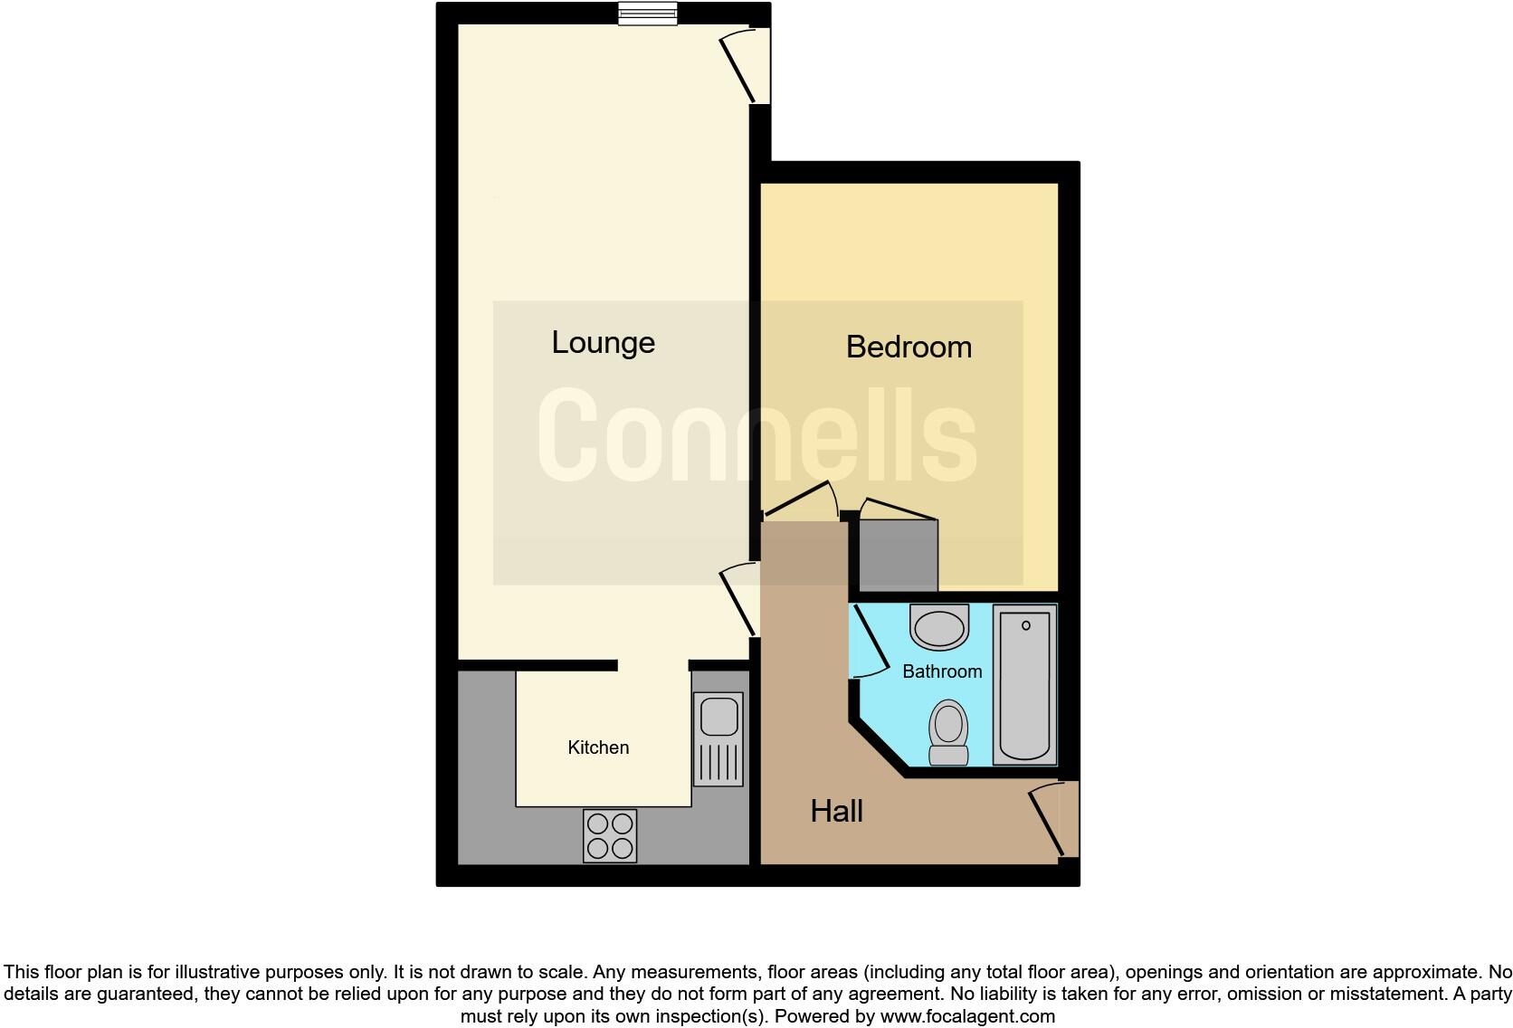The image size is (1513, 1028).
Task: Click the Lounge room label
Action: (x=603, y=343)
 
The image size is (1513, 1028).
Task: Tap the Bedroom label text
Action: (x=909, y=347)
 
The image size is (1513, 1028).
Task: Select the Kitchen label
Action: (x=598, y=747)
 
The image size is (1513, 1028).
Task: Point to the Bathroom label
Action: (x=942, y=671)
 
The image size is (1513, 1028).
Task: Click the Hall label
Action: (x=836, y=812)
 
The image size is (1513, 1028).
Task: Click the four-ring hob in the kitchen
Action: (x=610, y=835)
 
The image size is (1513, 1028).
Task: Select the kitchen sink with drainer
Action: (x=718, y=738)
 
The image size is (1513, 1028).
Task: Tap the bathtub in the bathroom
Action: (x=1025, y=684)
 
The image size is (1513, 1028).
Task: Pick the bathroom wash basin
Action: (x=939, y=627)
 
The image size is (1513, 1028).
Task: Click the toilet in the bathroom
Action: (x=948, y=732)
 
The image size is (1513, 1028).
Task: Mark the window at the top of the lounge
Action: (x=648, y=14)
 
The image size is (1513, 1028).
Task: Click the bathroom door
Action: (x=866, y=642)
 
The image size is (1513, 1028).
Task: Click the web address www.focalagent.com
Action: (x=967, y=1016)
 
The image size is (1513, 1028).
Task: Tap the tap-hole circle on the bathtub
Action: (x=1026, y=625)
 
